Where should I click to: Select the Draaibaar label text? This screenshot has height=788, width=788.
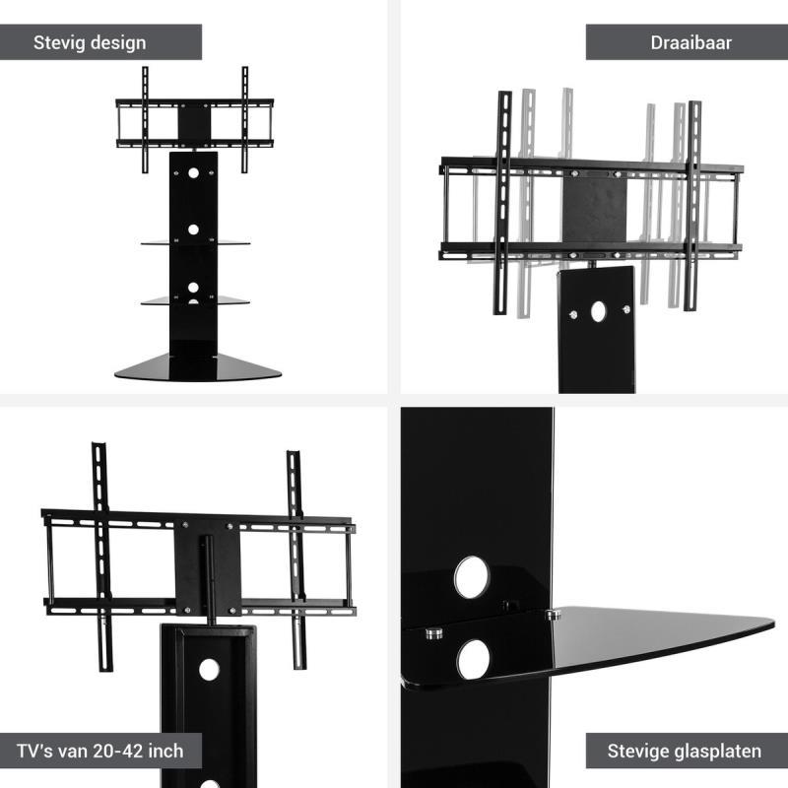point(691,42)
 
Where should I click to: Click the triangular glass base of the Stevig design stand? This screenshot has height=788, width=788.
point(198,368)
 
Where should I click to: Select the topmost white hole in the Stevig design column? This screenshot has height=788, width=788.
point(193,173)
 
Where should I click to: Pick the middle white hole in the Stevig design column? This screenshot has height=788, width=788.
point(193,230)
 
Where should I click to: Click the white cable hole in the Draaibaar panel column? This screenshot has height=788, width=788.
point(599,311)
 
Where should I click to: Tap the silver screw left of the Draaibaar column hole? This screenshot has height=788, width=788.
point(573,315)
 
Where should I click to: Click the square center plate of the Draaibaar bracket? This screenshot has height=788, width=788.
point(595,210)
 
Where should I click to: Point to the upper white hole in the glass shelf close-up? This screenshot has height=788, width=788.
point(472,577)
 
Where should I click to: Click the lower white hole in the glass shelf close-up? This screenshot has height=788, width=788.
point(474,659)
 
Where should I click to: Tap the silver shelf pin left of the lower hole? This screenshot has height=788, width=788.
point(433,632)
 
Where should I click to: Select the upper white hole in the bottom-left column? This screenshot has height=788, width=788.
point(209,670)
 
